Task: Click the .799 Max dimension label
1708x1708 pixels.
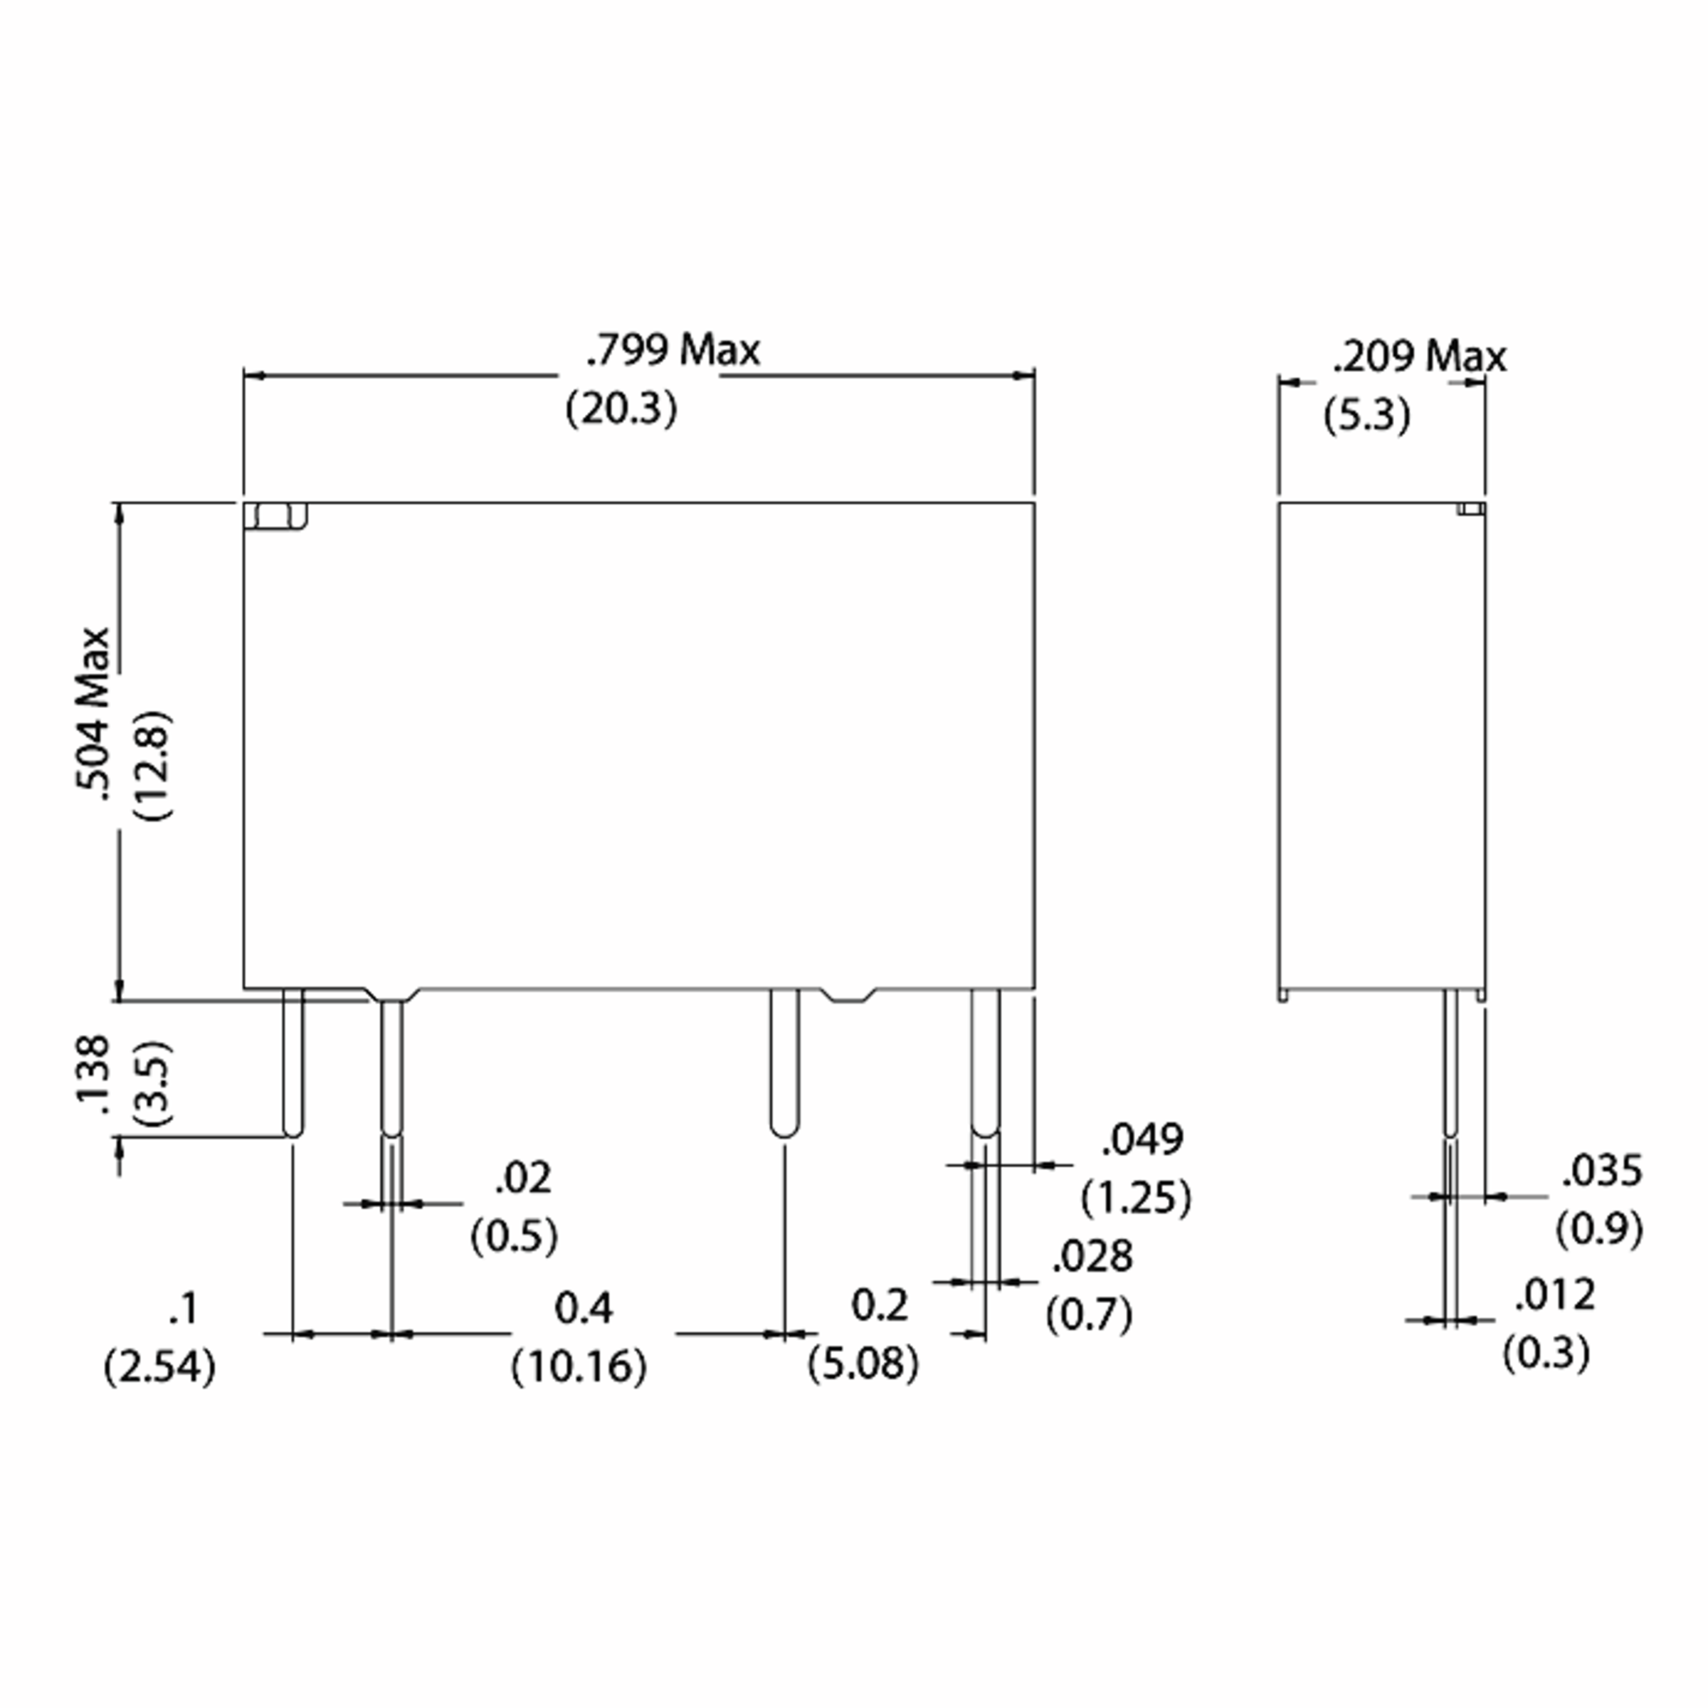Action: coord(673,350)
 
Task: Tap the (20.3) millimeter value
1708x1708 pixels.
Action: coord(621,408)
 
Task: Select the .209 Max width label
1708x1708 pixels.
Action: coord(1419,357)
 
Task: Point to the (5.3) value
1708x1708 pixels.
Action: coord(1366,416)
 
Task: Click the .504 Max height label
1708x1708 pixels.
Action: coord(92,715)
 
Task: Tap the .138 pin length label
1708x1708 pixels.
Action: coord(92,1075)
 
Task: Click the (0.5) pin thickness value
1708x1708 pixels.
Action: coord(514,1236)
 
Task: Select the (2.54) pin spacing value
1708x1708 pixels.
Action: coord(160,1368)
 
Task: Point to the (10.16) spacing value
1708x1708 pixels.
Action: coord(579,1366)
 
